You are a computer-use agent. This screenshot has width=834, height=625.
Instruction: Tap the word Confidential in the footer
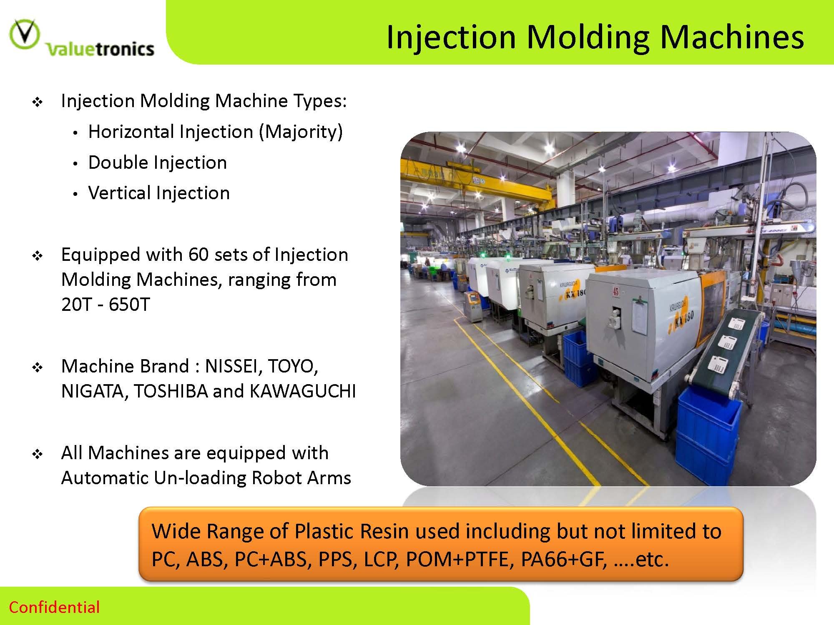coord(54,607)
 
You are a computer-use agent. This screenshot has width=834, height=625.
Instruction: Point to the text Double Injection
coord(158,162)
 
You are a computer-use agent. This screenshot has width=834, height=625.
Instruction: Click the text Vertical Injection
coord(159,193)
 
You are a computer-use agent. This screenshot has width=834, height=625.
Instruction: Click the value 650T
coord(129,305)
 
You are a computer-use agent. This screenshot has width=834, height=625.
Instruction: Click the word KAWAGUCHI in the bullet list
coord(303,391)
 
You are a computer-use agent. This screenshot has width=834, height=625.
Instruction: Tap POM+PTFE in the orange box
coord(457,559)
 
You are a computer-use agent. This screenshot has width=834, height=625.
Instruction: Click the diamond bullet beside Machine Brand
coord(38,367)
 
